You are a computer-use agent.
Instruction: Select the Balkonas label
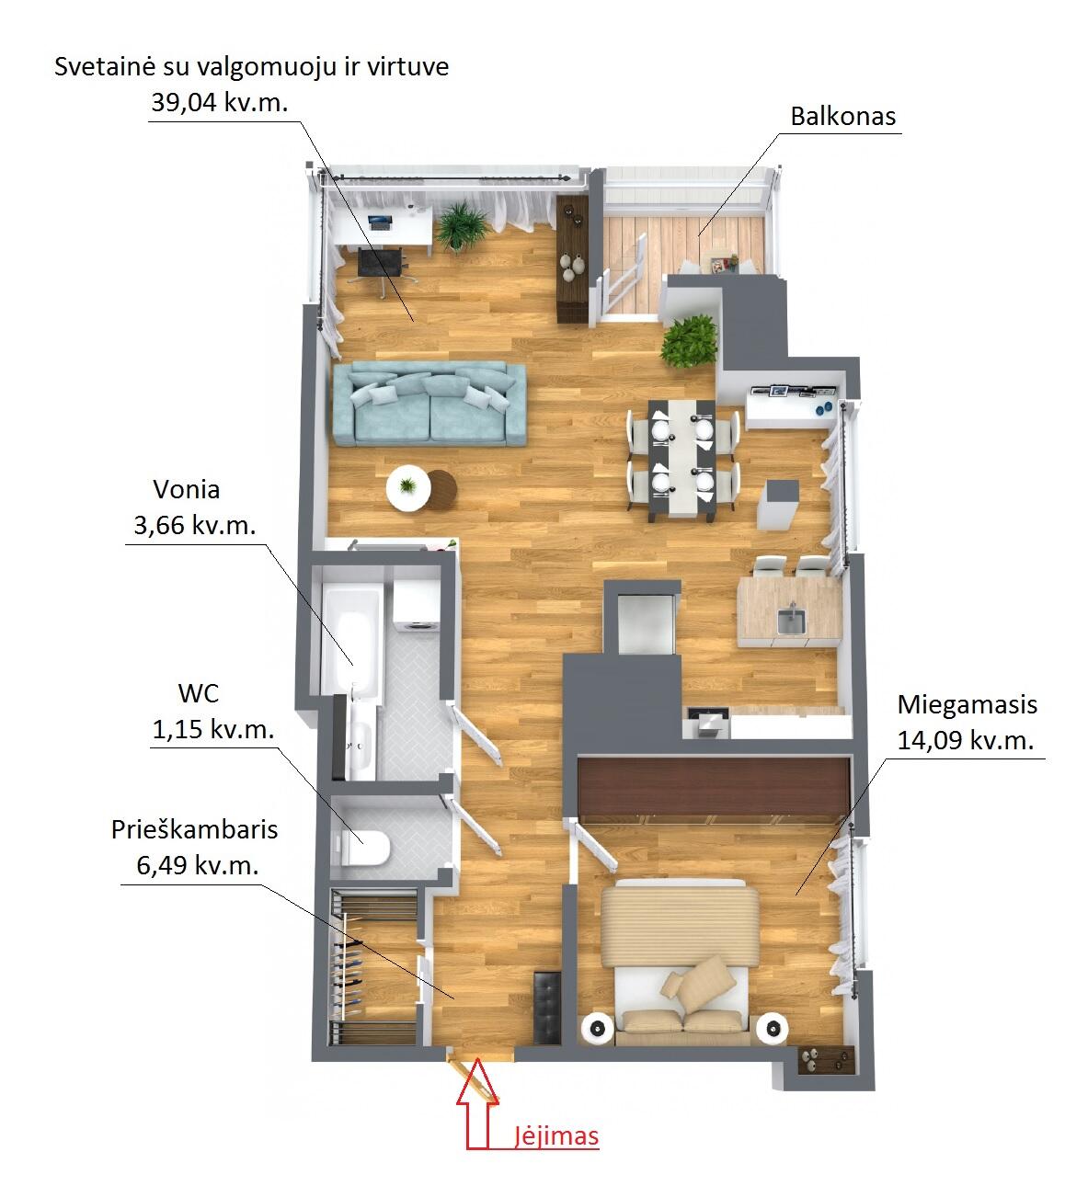pyautogui.click(x=843, y=117)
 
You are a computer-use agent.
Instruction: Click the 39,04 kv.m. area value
pyautogui.click(x=220, y=102)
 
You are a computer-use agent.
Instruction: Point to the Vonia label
pyautogui.click(x=186, y=490)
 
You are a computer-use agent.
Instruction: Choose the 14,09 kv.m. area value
pyautogui.click(x=966, y=740)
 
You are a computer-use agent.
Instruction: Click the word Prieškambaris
pyautogui.click(x=194, y=830)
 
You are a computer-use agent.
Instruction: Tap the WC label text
pyautogui.click(x=199, y=694)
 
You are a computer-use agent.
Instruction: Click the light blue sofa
pyautogui.click(x=429, y=404)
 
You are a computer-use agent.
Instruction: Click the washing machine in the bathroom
pyautogui.click(x=417, y=605)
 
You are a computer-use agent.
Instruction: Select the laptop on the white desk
pyautogui.click(x=380, y=222)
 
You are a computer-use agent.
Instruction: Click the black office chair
pyautogui.click(x=381, y=267)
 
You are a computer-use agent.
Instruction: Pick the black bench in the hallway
pyautogui.click(x=547, y=1008)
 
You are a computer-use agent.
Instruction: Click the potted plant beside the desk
pyautogui.click(x=463, y=226)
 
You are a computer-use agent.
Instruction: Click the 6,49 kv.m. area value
pyautogui.click(x=198, y=865)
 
